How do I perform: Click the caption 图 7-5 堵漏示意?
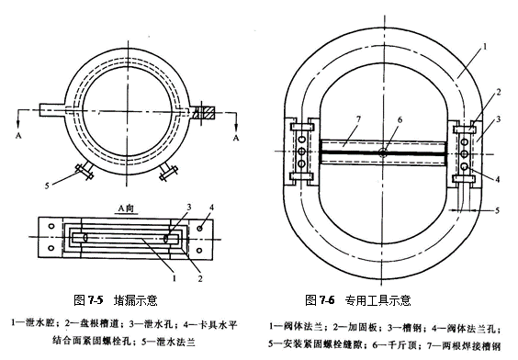point(116,300)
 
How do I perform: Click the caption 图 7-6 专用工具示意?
point(358,300)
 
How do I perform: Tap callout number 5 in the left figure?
point(47,186)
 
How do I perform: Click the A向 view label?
point(126,208)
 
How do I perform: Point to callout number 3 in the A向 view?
point(189,208)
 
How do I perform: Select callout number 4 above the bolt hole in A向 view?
point(211,208)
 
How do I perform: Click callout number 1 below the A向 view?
point(175,278)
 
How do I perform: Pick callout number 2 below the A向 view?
point(200,278)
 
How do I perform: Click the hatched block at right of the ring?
point(204,113)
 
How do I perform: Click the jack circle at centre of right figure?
point(383,152)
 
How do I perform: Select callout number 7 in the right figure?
point(358,118)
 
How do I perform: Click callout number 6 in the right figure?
point(400,119)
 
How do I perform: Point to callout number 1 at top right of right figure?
point(485,47)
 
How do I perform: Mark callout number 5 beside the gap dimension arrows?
point(497,210)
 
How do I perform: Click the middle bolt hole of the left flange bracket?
point(301,152)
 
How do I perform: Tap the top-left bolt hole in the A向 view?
point(51,226)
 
